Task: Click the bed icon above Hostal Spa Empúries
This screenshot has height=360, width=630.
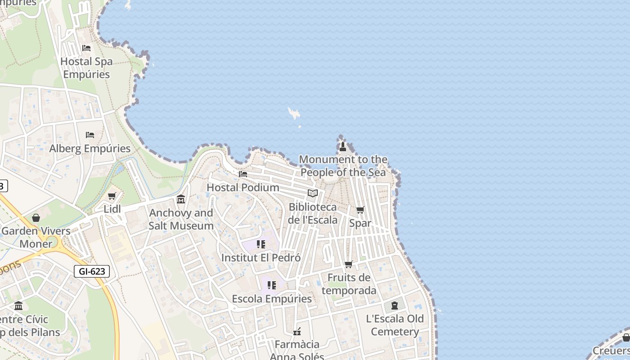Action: click(x=86, y=48)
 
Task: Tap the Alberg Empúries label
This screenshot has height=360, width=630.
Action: click(x=90, y=148)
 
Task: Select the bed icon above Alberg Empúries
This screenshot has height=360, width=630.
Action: click(x=90, y=135)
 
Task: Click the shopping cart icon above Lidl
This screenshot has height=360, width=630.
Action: click(x=112, y=196)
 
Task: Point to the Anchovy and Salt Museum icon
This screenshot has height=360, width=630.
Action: click(x=181, y=199)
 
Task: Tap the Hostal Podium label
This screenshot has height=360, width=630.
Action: click(x=243, y=187)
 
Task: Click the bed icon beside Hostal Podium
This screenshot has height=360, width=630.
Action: click(x=243, y=174)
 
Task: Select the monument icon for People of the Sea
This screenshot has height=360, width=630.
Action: click(x=343, y=146)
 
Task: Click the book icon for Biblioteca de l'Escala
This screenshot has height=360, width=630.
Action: click(x=313, y=193)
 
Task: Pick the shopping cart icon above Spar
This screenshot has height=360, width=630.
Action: click(x=360, y=210)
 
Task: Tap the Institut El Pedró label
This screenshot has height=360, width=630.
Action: click(x=261, y=258)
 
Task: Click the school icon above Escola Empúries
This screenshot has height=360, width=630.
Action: click(x=272, y=285)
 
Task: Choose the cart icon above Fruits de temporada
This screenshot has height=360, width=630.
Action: click(x=349, y=265)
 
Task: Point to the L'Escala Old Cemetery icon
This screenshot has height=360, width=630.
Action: click(x=395, y=306)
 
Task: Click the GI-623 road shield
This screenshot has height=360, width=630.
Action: click(x=92, y=271)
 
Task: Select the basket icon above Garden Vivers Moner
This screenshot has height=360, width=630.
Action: click(x=36, y=218)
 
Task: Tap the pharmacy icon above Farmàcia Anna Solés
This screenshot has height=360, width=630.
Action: click(x=297, y=332)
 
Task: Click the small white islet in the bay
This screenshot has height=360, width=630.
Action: click(x=294, y=113)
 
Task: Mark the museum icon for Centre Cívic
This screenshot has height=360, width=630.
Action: click(x=18, y=306)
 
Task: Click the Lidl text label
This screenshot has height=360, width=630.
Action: click(x=112, y=209)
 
